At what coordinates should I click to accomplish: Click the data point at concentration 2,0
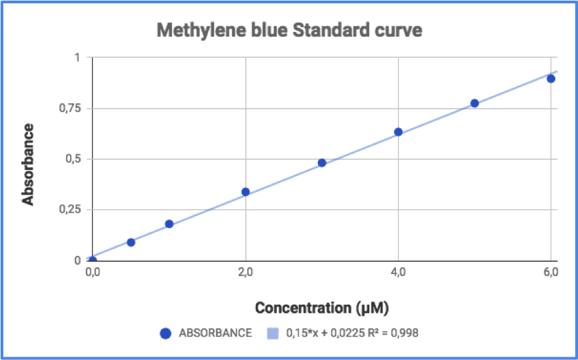(x=245, y=192)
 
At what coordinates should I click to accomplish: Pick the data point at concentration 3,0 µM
(x=322, y=163)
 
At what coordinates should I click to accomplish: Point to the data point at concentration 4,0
(x=398, y=132)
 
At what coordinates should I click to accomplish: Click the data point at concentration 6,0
(x=551, y=79)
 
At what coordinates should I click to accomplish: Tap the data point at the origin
(x=93, y=260)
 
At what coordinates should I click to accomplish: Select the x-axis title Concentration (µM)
(x=322, y=308)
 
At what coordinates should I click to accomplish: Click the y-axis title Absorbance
(x=28, y=159)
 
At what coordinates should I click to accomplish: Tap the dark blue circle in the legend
(x=166, y=333)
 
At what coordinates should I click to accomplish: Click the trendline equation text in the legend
(x=352, y=333)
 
